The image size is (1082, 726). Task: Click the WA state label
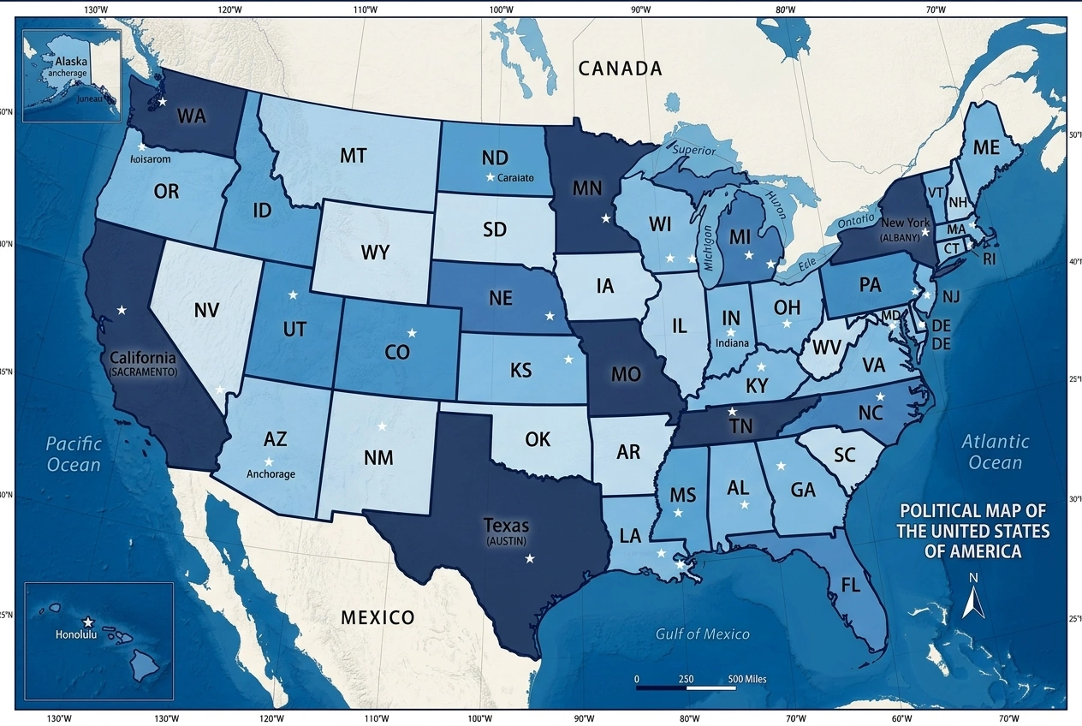tap(191, 116)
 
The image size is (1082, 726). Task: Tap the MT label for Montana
tap(353, 156)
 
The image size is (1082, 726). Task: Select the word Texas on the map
tap(506, 525)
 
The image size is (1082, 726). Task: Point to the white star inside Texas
tap(529, 558)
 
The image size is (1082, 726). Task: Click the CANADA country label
tap(620, 68)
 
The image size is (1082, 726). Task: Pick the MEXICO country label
tap(378, 617)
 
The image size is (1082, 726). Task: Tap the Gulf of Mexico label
tap(702, 634)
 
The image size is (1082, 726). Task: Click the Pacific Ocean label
tap(74, 454)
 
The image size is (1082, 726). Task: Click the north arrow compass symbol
tap(973, 597)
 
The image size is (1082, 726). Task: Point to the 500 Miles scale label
tap(747, 679)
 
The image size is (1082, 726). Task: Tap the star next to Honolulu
tap(87, 622)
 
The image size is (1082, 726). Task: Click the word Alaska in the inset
tap(71, 62)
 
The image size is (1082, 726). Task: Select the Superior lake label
tap(693, 150)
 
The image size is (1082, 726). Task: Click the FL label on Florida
tap(850, 586)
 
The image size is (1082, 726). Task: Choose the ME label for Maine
tap(985, 147)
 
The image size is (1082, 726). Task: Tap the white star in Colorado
tap(412, 332)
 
